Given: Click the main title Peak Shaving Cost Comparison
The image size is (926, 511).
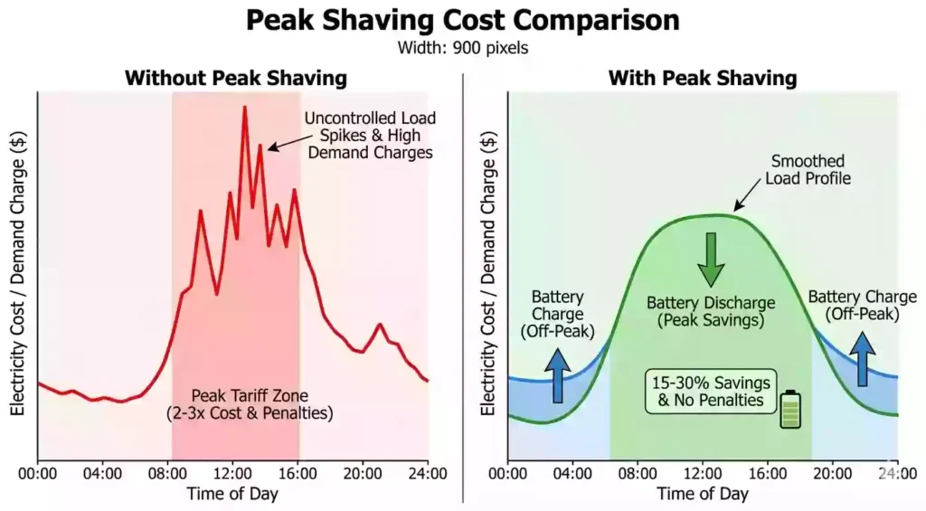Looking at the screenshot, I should [x=462, y=20].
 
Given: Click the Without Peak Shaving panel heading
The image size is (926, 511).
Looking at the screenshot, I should [x=235, y=78].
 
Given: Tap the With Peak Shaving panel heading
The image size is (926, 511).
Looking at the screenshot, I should [x=702, y=78].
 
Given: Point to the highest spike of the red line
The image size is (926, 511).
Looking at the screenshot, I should [x=244, y=108].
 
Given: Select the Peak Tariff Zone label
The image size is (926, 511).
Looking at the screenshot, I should [x=249, y=404].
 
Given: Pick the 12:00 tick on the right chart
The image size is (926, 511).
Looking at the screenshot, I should [x=702, y=472].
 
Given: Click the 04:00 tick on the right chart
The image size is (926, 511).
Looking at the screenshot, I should [x=572, y=472].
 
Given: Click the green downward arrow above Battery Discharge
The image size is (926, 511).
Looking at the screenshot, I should [x=711, y=259].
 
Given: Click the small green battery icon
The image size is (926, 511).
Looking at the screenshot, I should [x=791, y=409].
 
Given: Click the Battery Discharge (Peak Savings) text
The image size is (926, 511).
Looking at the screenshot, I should [x=711, y=311].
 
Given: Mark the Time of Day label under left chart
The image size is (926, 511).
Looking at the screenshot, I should [x=232, y=494].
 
